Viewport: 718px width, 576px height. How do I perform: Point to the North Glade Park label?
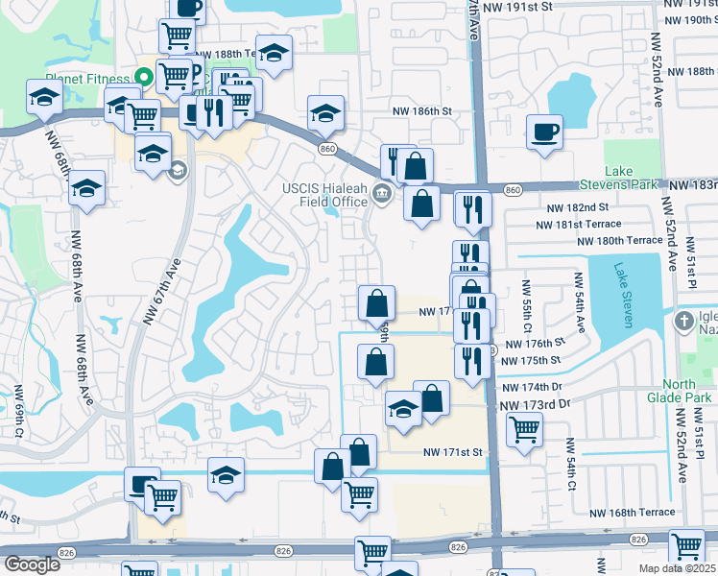pyautogui.click(x=692, y=391)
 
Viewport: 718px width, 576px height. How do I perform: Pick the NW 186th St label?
pyautogui.click(x=420, y=111)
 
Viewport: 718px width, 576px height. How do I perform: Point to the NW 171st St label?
pyautogui.click(x=451, y=451)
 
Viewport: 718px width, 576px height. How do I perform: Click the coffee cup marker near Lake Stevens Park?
pyautogui.click(x=544, y=131)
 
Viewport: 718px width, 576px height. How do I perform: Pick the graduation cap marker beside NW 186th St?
pyautogui.click(x=325, y=112)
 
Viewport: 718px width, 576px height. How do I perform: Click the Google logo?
pyautogui.click(x=33, y=564)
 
